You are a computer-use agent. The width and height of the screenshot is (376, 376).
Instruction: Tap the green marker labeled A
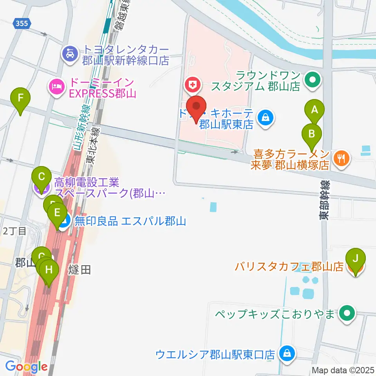(314, 110)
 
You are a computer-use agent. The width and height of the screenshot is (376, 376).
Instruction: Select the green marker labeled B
(312, 134)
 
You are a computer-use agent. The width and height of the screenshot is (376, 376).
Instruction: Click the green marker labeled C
(42, 177)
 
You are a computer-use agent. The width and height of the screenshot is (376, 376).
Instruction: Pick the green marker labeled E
(57, 213)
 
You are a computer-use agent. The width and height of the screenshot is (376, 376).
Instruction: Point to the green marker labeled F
(21, 98)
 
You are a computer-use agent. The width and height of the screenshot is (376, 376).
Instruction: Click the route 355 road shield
(22, 23)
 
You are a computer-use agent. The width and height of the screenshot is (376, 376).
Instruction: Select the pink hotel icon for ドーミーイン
(55, 86)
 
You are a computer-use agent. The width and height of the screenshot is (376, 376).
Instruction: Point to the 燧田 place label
(80, 269)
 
